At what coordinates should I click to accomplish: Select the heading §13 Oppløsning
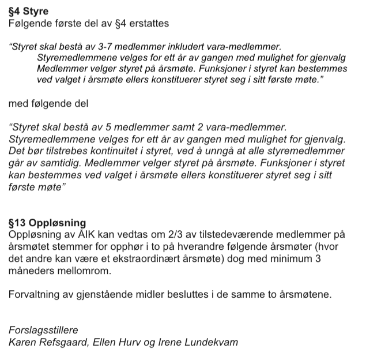point(48,223)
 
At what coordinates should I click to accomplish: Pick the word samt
point(184,126)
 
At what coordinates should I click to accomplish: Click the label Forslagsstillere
point(43,331)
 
